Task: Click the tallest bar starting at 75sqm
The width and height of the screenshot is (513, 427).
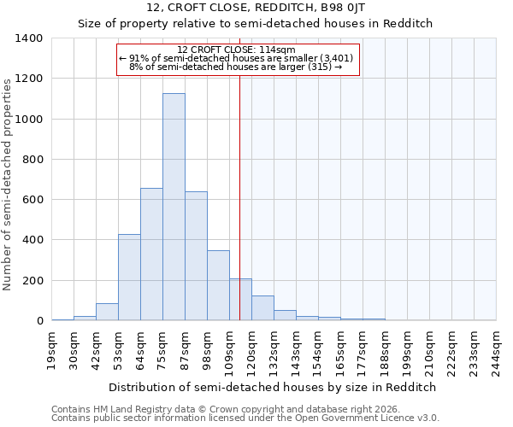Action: (x=174, y=207)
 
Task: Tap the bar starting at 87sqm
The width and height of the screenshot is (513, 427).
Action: (x=196, y=256)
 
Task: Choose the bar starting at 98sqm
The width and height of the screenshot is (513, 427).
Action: (x=218, y=285)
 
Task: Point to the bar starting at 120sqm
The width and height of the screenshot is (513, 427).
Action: (x=262, y=308)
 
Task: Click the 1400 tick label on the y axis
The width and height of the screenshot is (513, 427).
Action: (x=29, y=38)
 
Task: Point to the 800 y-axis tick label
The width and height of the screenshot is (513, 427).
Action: (x=32, y=160)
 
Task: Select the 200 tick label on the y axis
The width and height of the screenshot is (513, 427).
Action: (x=32, y=281)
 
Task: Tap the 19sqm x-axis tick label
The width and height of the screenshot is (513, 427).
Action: (x=51, y=350)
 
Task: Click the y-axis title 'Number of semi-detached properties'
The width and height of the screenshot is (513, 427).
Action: (x=8, y=184)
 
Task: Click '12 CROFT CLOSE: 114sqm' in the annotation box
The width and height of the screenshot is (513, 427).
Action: (x=236, y=50)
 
